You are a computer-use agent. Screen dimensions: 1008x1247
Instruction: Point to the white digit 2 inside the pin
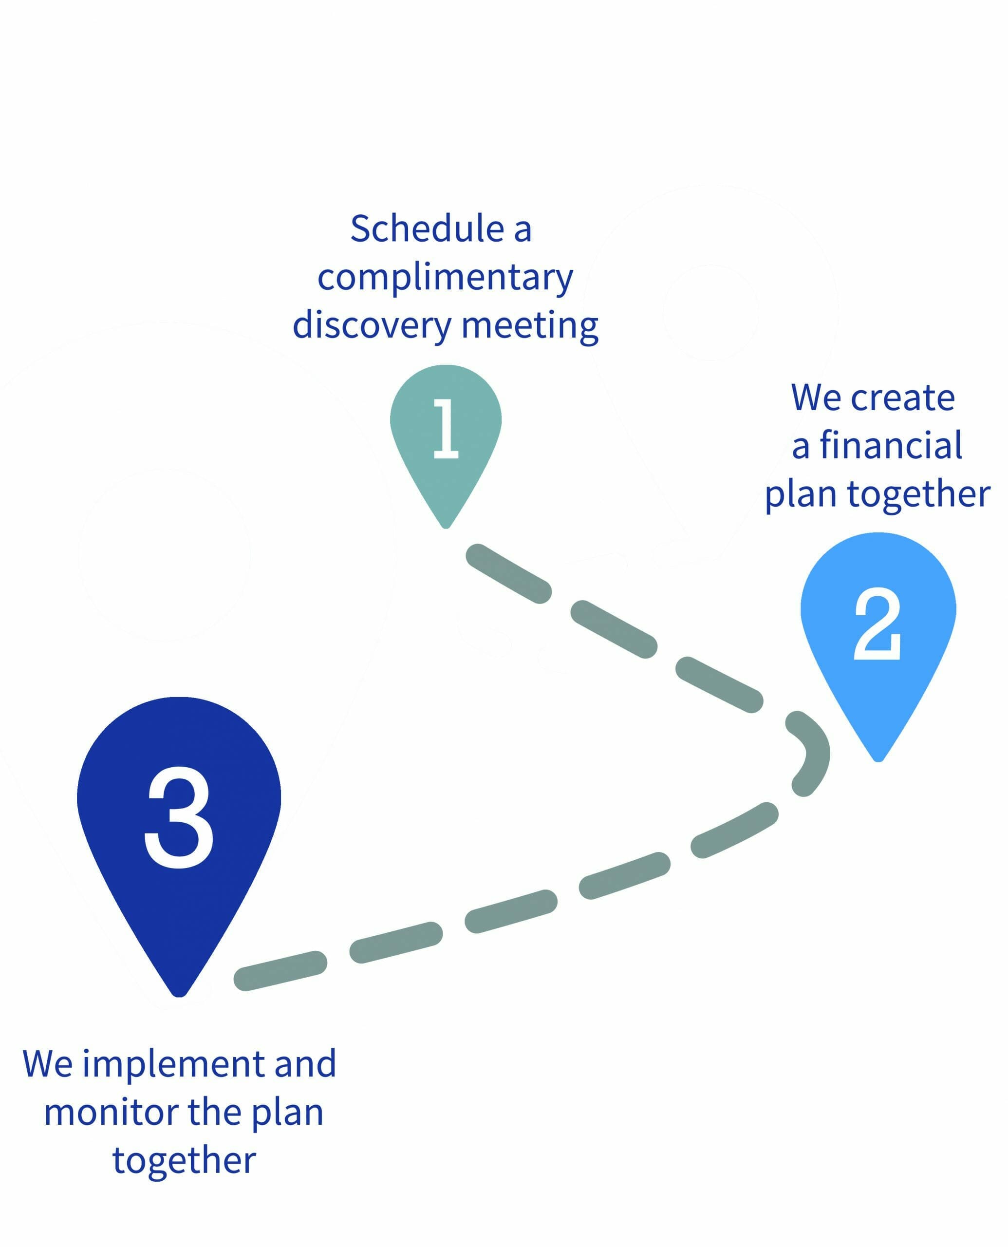(877, 623)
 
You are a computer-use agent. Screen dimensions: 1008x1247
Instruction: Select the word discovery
(372, 325)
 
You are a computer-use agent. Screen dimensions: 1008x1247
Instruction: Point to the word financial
(891, 446)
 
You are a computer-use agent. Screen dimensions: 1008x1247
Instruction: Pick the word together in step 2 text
(918, 495)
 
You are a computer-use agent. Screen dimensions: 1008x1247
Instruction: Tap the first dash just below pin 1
(509, 573)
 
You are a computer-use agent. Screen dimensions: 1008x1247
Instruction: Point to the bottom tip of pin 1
(446, 528)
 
